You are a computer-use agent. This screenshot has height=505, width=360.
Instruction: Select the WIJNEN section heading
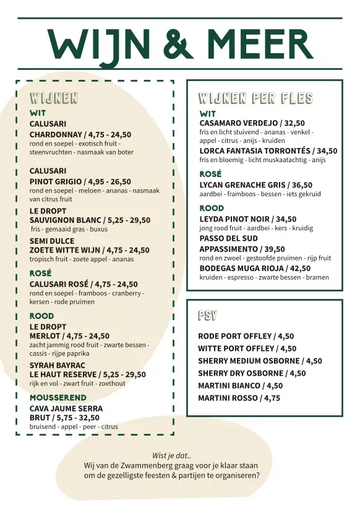coord(54,98)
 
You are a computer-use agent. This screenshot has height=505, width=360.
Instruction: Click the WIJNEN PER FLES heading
coord(255,98)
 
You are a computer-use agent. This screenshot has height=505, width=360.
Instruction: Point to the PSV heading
coord(207,316)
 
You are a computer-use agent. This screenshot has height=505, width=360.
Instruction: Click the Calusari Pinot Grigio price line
coord(80,181)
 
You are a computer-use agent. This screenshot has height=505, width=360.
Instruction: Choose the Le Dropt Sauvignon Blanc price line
coord(90,220)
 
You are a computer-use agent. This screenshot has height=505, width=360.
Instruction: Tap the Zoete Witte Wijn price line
coord(89,250)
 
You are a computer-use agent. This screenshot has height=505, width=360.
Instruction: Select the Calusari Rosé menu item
coord(84,284)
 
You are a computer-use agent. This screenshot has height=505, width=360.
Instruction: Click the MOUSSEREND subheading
coord(58,397)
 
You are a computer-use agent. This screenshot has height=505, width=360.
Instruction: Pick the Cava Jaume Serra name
coord(66,408)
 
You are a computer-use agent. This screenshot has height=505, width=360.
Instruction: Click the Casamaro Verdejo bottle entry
coord(252,123)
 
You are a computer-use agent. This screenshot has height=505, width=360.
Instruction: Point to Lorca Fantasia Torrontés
coord(268,150)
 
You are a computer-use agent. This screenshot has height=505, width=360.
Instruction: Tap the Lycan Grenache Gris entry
coord(255,184)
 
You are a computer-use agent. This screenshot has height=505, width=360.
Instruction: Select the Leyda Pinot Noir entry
coord(247,218)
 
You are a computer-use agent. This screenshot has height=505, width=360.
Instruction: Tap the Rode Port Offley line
coord(246,336)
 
